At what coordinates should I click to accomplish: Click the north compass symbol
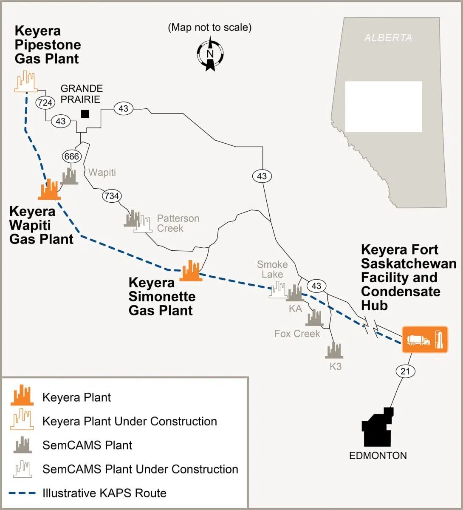tap(210, 54)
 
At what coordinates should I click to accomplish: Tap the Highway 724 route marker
tap(44, 102)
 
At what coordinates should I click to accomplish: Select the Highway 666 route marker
tap(71, 156)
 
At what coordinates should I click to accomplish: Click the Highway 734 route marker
tap(111, 196)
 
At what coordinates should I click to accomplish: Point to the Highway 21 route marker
tap(406, 371)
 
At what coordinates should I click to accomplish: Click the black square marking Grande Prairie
tap(85, 113)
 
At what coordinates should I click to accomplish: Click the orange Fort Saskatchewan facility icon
tap(425, 340)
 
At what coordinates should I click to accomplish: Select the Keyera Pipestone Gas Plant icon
tap(25, 82)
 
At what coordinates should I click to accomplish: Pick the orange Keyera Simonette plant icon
tap(190, 271)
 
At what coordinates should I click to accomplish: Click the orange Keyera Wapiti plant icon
tap(49, 190)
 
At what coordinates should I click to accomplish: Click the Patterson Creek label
tap(178, 223)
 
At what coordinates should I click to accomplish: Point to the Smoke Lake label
tap(272, 269)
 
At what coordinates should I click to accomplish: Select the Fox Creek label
tap(297, 334)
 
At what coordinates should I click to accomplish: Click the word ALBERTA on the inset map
tap(388, 38)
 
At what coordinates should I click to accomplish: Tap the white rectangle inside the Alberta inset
tap(383, 106)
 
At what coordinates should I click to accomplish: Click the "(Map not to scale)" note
tap(210, 28)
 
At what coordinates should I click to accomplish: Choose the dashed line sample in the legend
tap(23, 493)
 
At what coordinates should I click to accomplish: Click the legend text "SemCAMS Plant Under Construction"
tap(140, 469)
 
